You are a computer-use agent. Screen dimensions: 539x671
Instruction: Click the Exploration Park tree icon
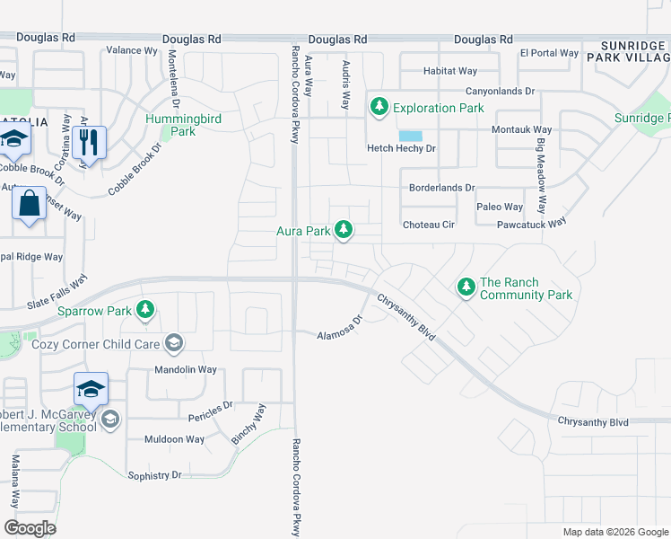[x=379, y=108]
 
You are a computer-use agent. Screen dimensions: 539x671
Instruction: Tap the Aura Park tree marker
[x=343, y=231]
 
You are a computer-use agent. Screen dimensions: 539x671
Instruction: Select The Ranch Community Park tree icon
[x=466, y=287]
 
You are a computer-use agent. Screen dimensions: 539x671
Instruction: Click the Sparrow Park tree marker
[x=145, y=311]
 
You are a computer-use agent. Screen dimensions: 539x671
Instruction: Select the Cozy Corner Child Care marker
[x=173, y=344]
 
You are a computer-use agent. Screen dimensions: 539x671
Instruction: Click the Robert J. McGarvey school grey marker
[x=109, y=420]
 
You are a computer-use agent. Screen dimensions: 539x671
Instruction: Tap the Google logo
[x=30, y=527]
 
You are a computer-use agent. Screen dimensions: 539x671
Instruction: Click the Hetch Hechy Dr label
[x=401, y=148]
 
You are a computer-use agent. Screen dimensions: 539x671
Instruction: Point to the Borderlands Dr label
[x=441, y=188]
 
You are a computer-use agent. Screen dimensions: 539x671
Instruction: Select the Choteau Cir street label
[x=429, y=225]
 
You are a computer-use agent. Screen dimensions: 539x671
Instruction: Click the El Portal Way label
[x=549, y=53]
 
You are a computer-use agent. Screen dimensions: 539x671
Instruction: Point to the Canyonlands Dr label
[x=500, y=92]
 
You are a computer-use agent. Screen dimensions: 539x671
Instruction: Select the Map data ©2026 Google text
[x=614, y=532]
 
